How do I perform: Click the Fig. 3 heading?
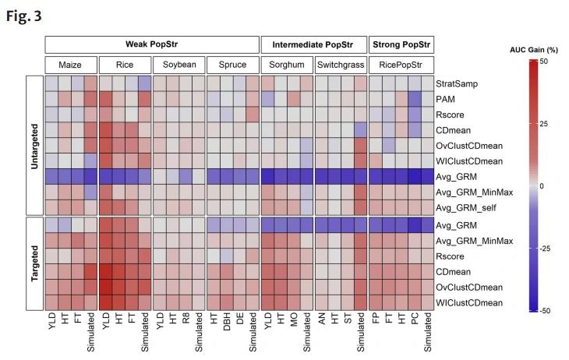point(24,16)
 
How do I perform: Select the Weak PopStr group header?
point(152,44)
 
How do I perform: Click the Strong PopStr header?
point(401,44)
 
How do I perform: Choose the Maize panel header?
point(71,65)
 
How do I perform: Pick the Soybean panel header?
point(179,65)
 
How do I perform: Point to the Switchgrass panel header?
point(341,65)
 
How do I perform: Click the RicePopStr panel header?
point(401,65)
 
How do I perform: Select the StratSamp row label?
point(457,84)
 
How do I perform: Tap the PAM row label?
point(445,100)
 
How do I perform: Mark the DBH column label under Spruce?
point(227,323)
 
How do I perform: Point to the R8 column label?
point(186,319)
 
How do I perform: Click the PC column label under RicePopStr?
point(415,319)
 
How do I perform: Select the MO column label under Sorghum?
point(294,319)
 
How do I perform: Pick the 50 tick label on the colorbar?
point(543,62)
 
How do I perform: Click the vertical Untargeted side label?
point(34,146)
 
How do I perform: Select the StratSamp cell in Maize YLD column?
point(51,83)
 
